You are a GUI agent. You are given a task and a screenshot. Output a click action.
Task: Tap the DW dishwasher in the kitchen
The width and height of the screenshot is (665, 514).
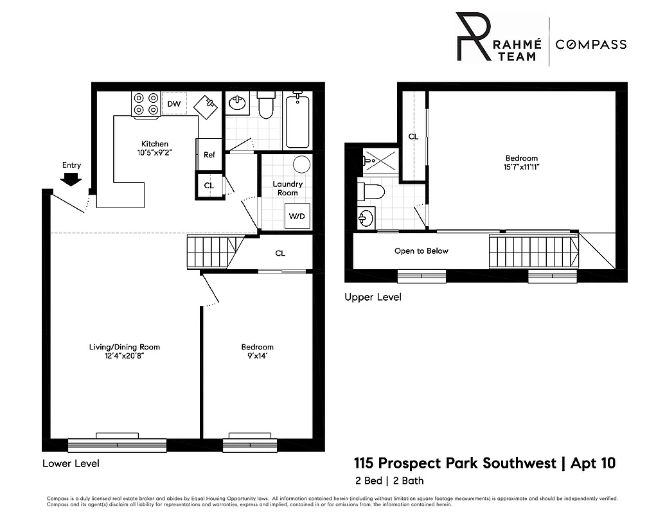[x=173, y=103]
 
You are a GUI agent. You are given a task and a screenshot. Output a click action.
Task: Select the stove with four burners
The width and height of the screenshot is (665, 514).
[x=145, y=104]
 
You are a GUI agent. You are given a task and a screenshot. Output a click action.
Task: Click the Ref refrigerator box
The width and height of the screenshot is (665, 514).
[x=209, y=154]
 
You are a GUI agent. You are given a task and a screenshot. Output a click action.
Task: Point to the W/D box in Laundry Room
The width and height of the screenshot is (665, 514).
[x=296, y=216]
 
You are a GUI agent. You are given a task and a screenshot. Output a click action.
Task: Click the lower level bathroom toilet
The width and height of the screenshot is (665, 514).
[x=265, y=105]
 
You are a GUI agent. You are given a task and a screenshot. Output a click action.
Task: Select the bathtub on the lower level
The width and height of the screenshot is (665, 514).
[x=297, y=120]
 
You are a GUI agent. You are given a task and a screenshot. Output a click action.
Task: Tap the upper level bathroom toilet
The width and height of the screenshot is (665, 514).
[x=372, y=191]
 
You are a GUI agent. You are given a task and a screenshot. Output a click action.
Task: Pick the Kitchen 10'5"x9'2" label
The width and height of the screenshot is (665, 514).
[x=155, y=148]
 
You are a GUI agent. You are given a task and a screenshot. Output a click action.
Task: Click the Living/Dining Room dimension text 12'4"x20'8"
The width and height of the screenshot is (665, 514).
[x=125, y=356]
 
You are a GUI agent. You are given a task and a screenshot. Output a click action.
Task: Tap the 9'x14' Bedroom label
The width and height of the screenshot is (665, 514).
[x=257, y=356]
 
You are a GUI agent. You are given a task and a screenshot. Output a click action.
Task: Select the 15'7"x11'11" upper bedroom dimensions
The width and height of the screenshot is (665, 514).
[x=521, y=167]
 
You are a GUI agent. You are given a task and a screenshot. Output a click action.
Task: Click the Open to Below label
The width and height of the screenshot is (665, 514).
[x=421, y=251]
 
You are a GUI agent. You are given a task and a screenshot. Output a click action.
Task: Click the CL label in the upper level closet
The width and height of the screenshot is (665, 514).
[x=414, y=137]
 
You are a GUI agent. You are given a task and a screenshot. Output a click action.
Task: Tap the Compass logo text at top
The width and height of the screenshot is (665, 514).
[x=590, y=44]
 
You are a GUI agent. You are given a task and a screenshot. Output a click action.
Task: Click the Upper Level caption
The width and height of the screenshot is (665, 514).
[x=373, y=297]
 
